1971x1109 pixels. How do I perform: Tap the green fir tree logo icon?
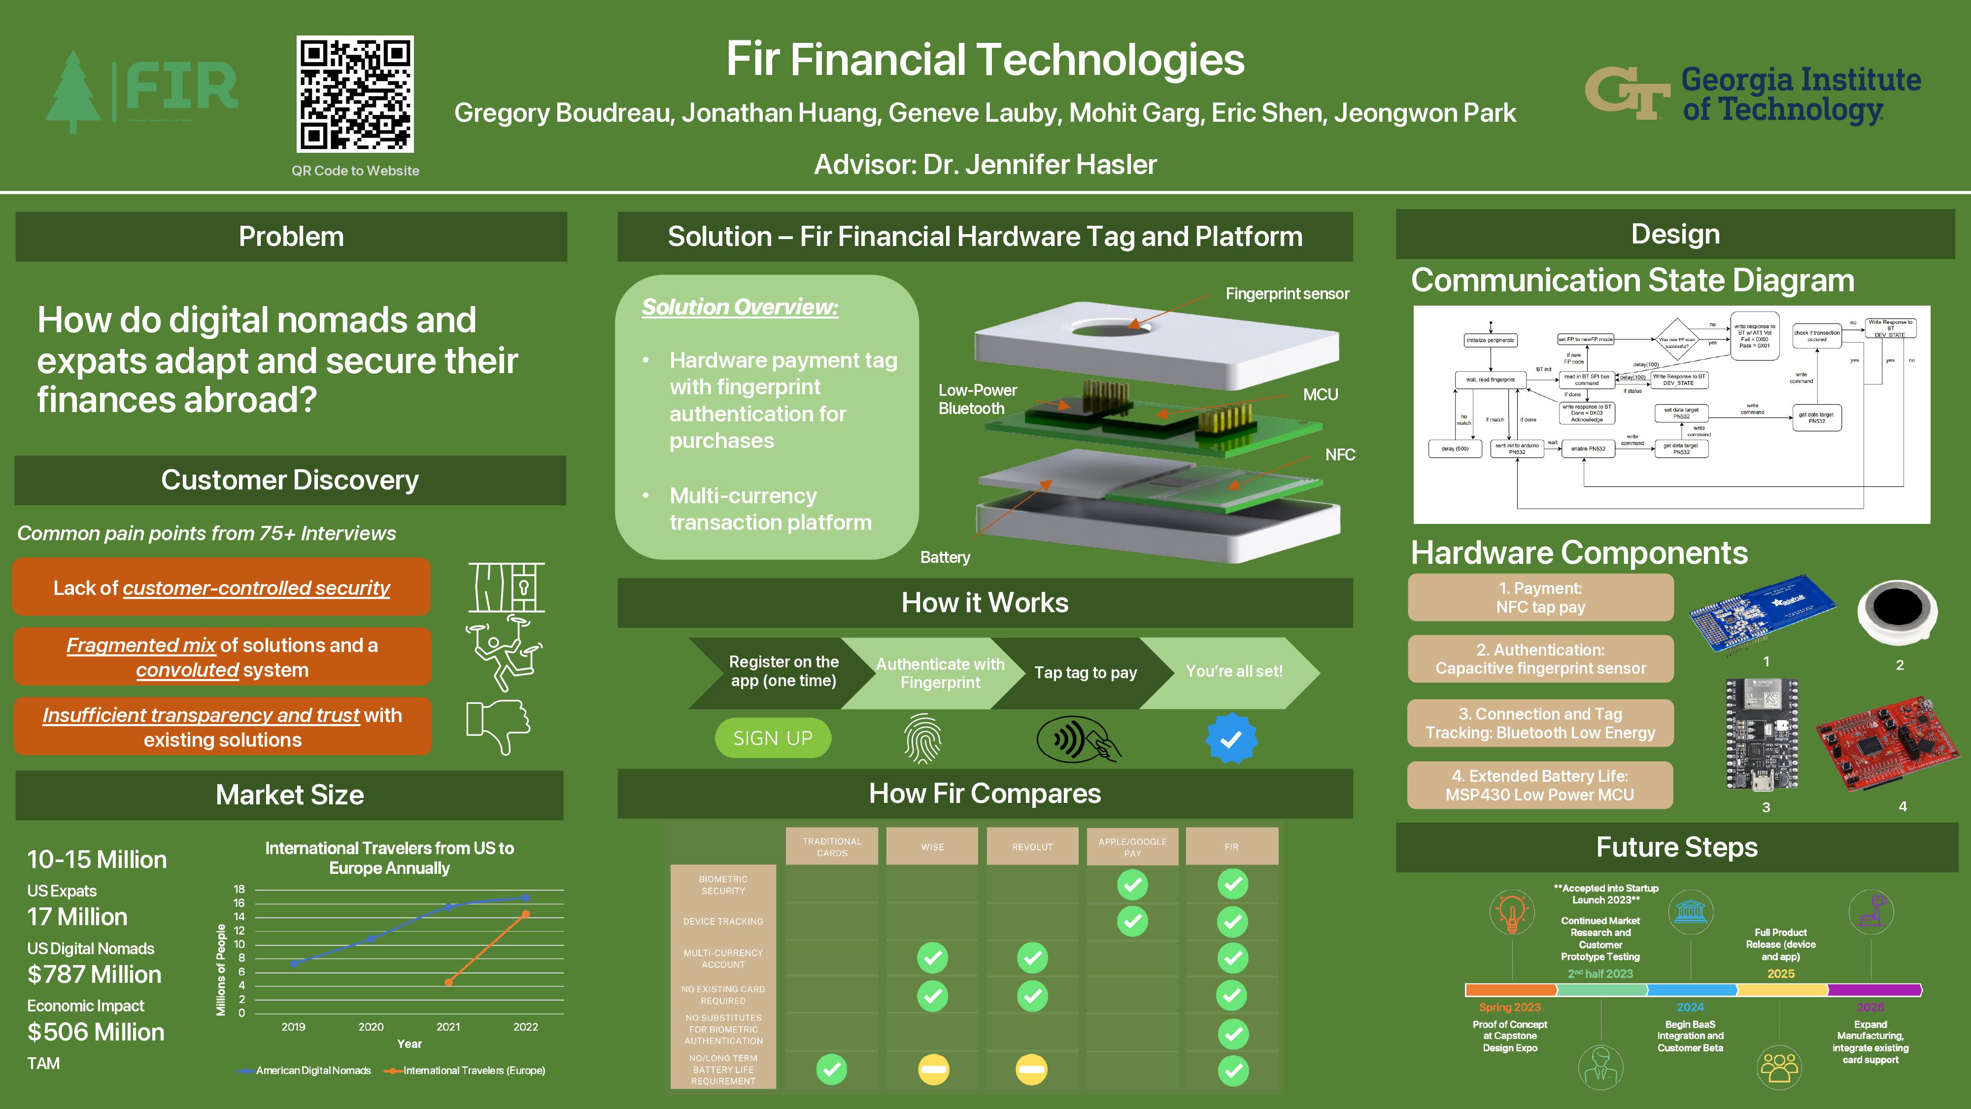[73, 92]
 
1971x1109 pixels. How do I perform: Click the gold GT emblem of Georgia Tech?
[1627, 93]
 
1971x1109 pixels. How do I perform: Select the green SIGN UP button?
[773, 738]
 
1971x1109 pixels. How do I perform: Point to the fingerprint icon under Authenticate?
[923, 738]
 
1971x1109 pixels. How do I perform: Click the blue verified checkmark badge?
[1231, 738]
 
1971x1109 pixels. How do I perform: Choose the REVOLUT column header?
[1032, 846]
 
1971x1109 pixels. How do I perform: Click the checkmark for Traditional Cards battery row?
[832, 1069]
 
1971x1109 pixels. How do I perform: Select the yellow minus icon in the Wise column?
[933, 1069]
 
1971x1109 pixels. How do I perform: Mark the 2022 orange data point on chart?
[526, 914]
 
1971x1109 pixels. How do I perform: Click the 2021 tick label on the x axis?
[448, 1026]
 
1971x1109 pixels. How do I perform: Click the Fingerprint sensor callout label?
[1287, 294]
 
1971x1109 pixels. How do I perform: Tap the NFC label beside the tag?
[1340, 454]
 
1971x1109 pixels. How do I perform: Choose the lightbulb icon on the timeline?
[1512, 912]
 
